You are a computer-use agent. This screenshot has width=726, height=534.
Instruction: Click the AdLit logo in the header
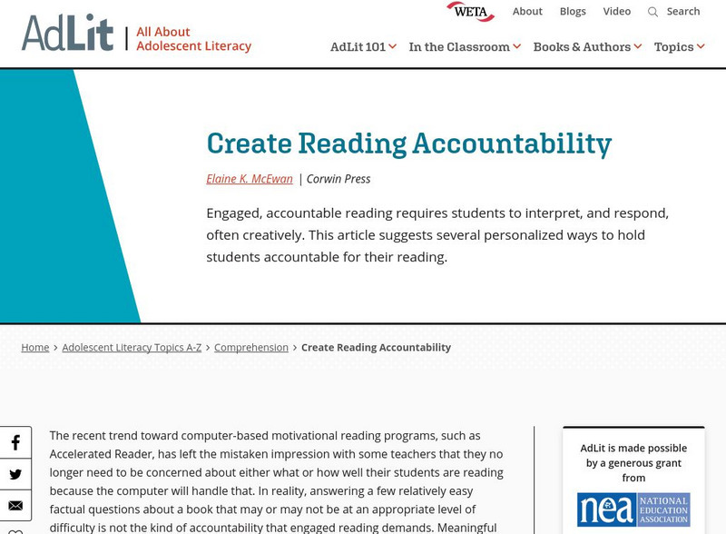(x=68, y=33)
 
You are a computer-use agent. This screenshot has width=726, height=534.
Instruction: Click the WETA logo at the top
(x=470, y=12)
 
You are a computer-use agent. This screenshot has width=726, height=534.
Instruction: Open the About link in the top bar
(x=527, y=12)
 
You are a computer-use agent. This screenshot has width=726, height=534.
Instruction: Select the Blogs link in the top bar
(x=573, y=12)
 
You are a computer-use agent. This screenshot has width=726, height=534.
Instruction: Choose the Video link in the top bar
(x=617, y=12)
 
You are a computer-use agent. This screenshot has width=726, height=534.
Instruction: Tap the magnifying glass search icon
(x=652, y=12)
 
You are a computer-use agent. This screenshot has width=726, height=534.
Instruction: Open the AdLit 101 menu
(x=363, y=47)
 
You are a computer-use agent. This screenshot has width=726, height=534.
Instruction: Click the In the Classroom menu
(x=465, y=47)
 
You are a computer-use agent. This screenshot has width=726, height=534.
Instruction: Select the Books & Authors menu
(x=587, y=47)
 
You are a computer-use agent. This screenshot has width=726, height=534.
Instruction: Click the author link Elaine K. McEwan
(x=250, y=179)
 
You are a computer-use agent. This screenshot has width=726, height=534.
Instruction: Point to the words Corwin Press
(x=338, y=179)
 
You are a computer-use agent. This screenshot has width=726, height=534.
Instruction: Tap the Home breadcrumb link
(x=35, y=348)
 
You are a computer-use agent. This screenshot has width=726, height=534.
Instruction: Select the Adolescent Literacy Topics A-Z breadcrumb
(x=132, y=348)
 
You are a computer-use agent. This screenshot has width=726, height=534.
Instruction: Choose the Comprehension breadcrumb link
(x=251, y=348)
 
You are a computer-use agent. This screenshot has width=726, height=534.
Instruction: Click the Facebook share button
(x=15, y=443)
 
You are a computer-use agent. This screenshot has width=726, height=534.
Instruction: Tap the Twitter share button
(x=15, y=474)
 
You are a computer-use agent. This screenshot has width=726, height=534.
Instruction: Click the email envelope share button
(x=15, y=506)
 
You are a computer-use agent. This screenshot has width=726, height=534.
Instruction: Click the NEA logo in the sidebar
(x=633, y=509)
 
